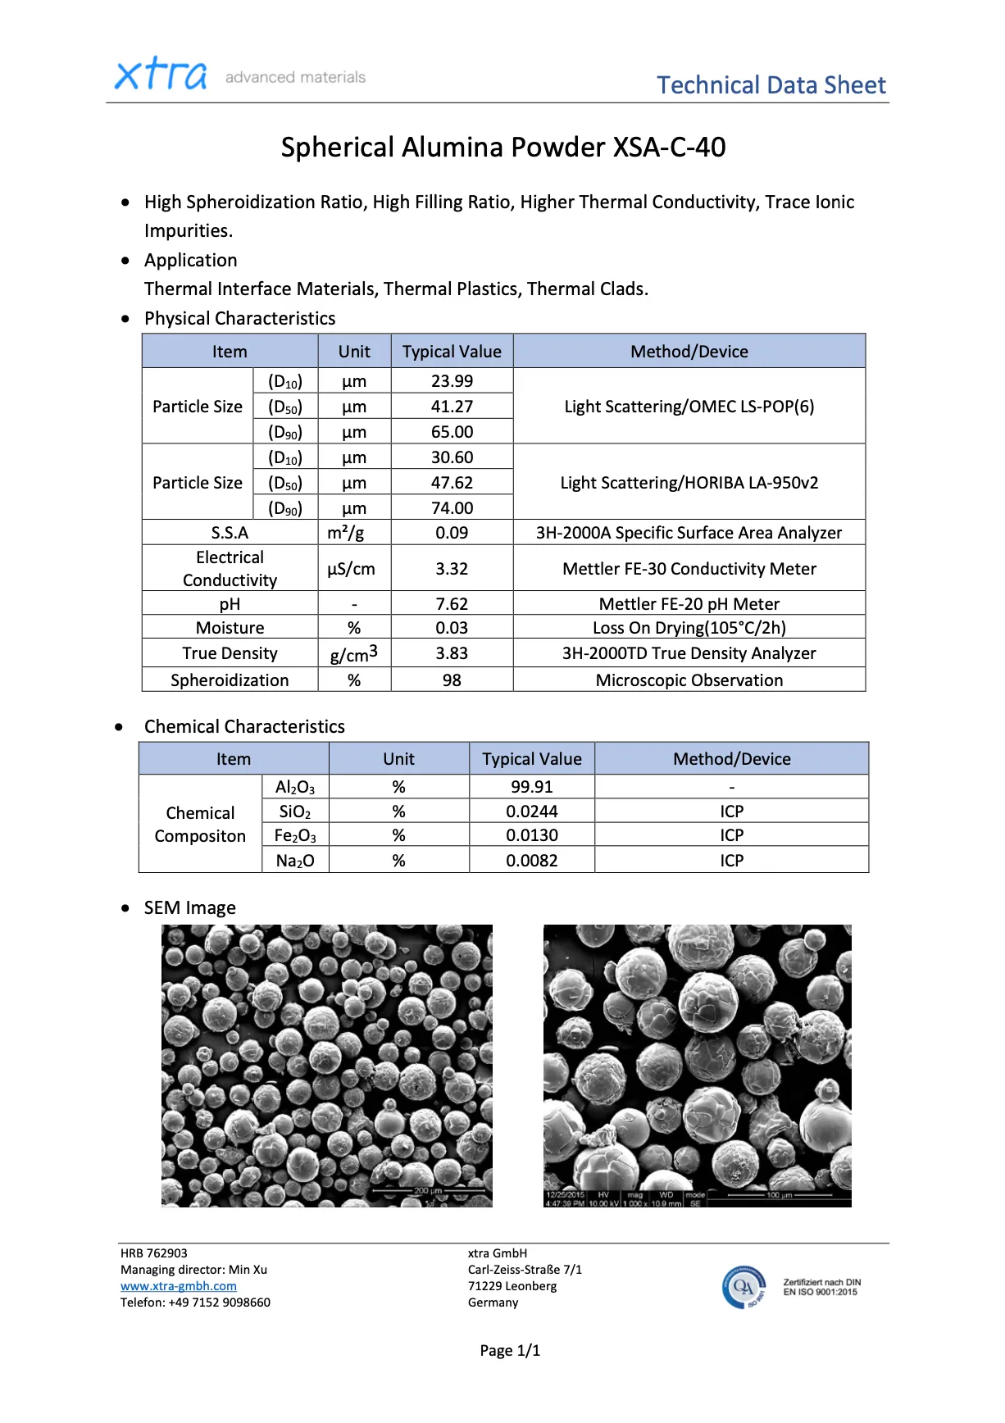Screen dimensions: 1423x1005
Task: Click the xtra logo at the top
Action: tap(161, 75)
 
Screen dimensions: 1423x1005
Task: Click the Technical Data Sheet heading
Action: tap(771, 85)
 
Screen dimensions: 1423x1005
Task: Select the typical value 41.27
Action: tap(452, 407)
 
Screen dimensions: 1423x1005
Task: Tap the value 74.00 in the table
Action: tap(452, 508)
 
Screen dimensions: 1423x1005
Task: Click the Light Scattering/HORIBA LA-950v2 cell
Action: tap(689, 483)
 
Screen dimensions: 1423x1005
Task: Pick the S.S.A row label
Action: tap(230, 533)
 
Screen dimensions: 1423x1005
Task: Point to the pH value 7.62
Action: tap(452, 604)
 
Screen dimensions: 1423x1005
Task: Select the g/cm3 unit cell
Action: tap(353, 654)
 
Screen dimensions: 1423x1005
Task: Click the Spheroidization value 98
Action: tap(452, 680)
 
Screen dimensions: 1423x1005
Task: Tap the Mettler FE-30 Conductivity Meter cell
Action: tap(689, 569)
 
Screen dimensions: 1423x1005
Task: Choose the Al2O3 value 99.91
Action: tap(531, 787)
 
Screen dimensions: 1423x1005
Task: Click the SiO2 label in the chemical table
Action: tap(295, 812)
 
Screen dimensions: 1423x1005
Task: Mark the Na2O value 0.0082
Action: tap(531, 861)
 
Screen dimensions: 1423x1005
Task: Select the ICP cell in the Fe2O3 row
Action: tap(731, 835)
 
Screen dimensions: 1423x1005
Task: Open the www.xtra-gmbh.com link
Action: tap(179, 1286)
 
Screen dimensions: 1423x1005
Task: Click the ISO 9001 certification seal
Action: tap(744, 1287)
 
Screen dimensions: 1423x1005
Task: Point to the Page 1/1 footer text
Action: tap(510, 1351)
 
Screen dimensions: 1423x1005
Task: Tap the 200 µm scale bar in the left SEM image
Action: tap(428, 1191)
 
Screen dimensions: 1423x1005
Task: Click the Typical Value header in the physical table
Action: tap(452, 352)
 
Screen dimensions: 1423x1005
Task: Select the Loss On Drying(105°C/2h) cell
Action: tap(689, 628)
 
